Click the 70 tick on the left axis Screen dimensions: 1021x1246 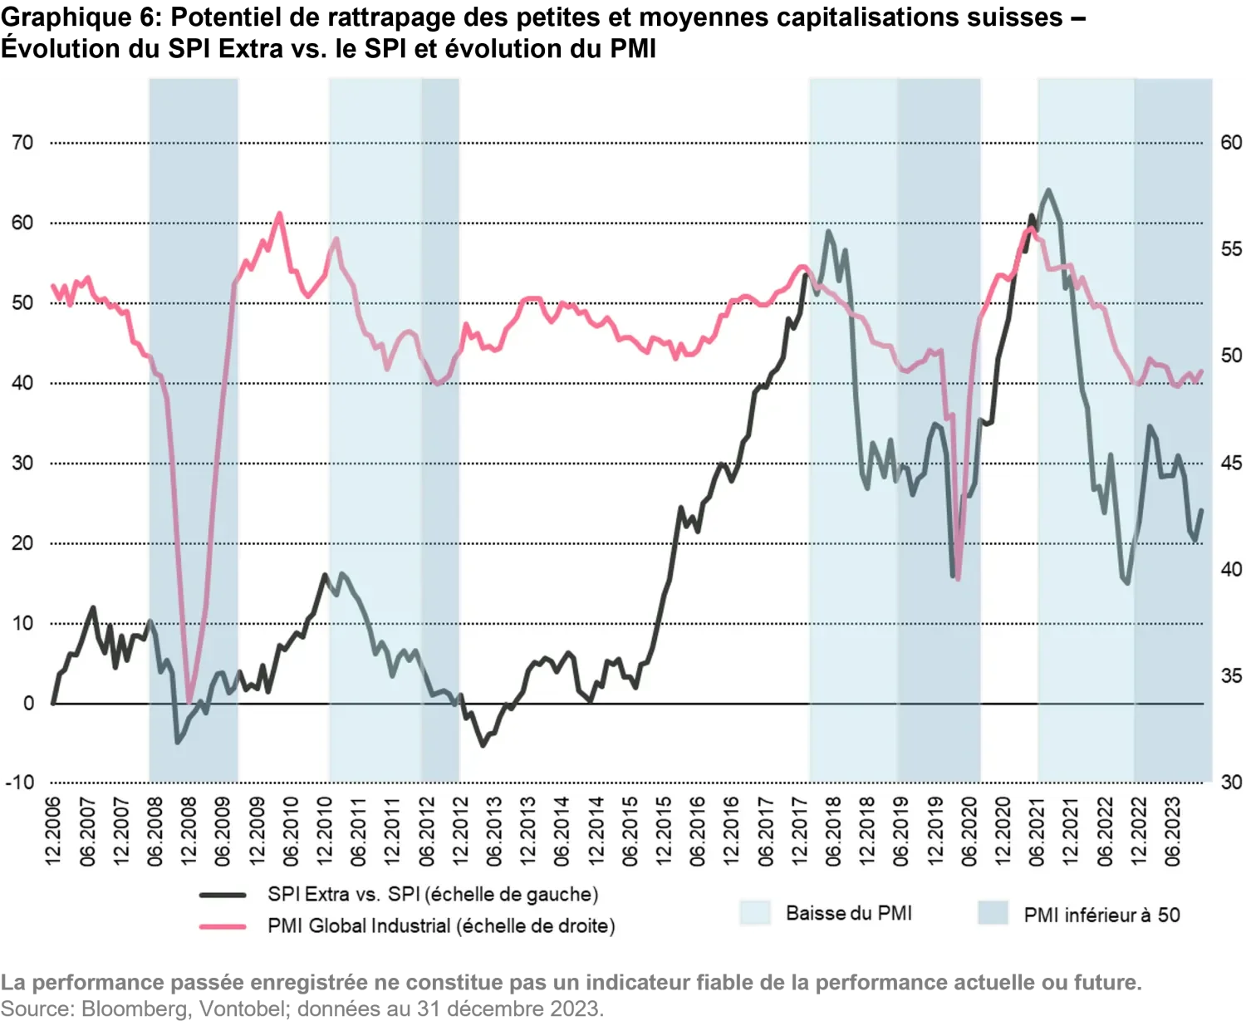[x=22, y=143]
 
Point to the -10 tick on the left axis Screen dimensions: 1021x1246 [x=20, y=783]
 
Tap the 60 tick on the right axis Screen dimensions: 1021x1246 [x=1231, y=143]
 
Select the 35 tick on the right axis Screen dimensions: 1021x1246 [x=1231, y=676]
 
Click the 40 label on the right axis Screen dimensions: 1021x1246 [x=1231, y=570]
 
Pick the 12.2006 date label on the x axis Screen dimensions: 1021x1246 [x=55, y=832]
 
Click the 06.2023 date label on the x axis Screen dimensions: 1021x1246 [x=1174, y=832]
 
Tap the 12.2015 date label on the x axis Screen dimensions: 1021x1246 [x=665, y=832]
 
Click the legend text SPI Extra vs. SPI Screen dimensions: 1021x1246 [x=432, y=895]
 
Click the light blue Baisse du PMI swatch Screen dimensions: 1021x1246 [x=755, y=913]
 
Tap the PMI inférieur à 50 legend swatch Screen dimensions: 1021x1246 [x=993, y=913]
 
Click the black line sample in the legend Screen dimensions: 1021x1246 [x=223, y=896]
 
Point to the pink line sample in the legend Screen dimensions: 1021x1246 [x=223, y=926]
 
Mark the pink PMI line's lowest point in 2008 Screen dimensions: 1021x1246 [x=189, y=703]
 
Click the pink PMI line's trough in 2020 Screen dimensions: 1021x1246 [x=958, y=579]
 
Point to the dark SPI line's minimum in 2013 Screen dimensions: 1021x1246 [x=483, y=746]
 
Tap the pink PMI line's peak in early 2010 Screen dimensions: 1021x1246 [x=279, y=214]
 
